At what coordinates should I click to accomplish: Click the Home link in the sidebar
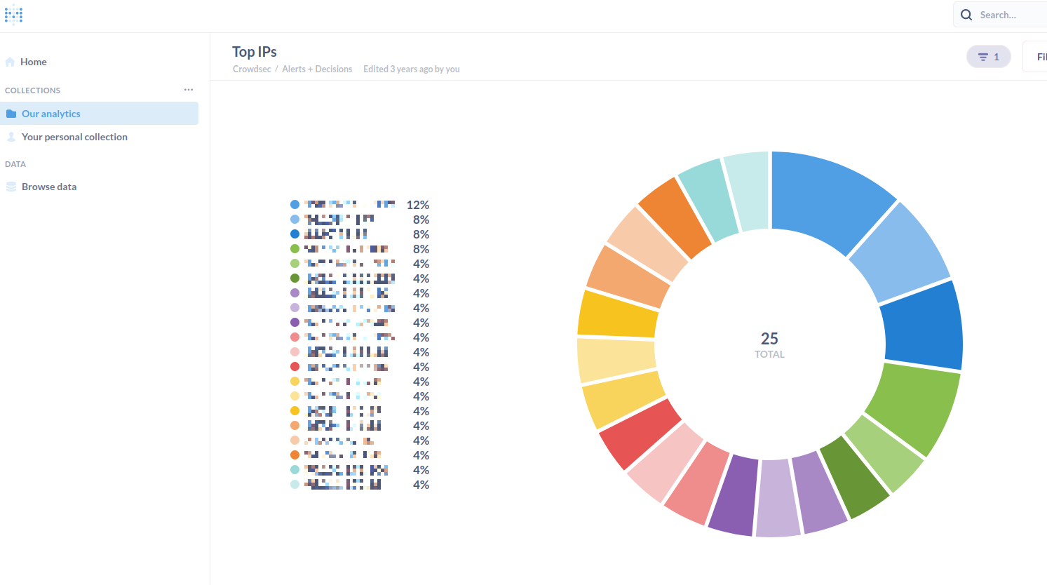[33, 62]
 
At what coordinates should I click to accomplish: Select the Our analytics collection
[51, 114]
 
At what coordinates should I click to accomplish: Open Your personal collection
[74, 137]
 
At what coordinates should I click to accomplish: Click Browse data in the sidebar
[49, 187]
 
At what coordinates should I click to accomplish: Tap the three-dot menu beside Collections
[189, 90]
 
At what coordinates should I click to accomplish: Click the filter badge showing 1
[988, 57]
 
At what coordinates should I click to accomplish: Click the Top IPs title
[255, 52]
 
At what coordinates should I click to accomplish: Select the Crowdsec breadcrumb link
[252, 69]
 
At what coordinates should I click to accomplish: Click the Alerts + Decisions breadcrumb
[317, 69]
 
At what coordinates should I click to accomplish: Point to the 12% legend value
[417, 205]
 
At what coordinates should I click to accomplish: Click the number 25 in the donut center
[769, 339]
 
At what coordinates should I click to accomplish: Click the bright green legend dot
[295, 249]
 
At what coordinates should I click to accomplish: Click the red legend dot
[295, 367]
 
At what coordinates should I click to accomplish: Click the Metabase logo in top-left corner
[13, 15]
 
